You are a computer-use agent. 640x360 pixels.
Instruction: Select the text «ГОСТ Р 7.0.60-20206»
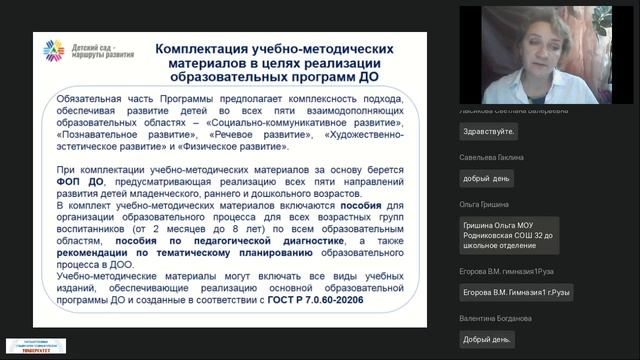coord(311,299)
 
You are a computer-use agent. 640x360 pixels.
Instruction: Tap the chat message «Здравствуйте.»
coord(489,131)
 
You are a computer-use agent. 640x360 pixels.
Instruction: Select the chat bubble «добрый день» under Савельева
coord(488,179)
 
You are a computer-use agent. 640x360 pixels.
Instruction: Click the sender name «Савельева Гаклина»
coord(492,157)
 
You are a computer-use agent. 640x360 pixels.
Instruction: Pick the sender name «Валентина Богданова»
coord(496,318)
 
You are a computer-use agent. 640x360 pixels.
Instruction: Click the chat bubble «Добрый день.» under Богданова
coord(487,339)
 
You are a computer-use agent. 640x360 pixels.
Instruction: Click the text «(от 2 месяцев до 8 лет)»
coord(183,227)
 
